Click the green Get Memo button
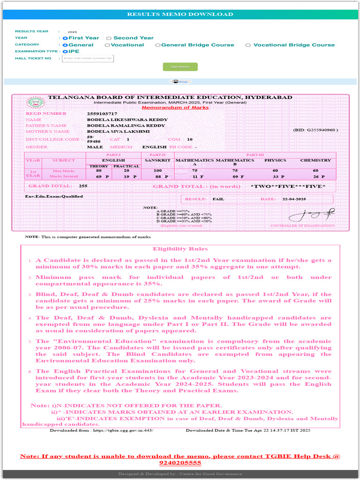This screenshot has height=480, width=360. [180, 67]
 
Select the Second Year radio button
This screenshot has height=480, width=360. [109, 38]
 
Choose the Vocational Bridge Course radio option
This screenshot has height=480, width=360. [248, 45]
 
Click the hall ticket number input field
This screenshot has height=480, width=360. [88, 59]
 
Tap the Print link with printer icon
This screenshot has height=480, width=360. [180, 82]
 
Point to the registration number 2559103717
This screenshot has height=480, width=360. [102, 113]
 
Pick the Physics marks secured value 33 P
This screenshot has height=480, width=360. [279, 176]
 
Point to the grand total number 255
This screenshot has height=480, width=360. [83, 186]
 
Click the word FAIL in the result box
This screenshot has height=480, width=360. [218, 199]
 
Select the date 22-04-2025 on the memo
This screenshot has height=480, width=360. [294, 199]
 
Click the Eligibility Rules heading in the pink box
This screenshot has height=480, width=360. [180, 249]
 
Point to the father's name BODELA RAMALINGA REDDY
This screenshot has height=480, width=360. [126, 126]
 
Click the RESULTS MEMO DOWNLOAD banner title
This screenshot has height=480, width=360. [180, 14]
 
